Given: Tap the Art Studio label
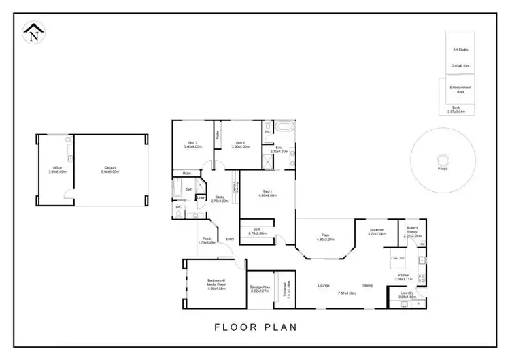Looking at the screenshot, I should pyautogui.click(x=460, y=50).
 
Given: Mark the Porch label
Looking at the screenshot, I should pyautogui.click(x=207, y=238).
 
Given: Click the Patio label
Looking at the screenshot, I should pyautogui.click(x=326, y=235).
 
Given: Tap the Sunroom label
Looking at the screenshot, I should pyautogui.click(x=377, y=229).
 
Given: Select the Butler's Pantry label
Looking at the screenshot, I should pyautogui.click(x=412, y=229).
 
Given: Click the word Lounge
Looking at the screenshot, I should pyautogui.click(x=324, y=284).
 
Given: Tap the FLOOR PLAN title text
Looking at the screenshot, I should pyautogui.click(x=256, y=327).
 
